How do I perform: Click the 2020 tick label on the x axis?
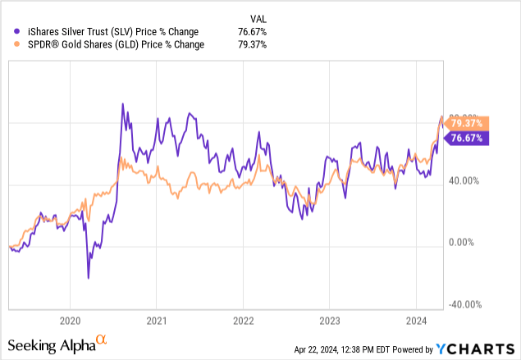tap(71, 321)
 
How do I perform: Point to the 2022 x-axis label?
tap(243, 321)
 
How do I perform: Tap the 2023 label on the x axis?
tap(329, 321)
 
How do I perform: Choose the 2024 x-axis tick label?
tap(416, 321)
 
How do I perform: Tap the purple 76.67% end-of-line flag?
tap(469, 139)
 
